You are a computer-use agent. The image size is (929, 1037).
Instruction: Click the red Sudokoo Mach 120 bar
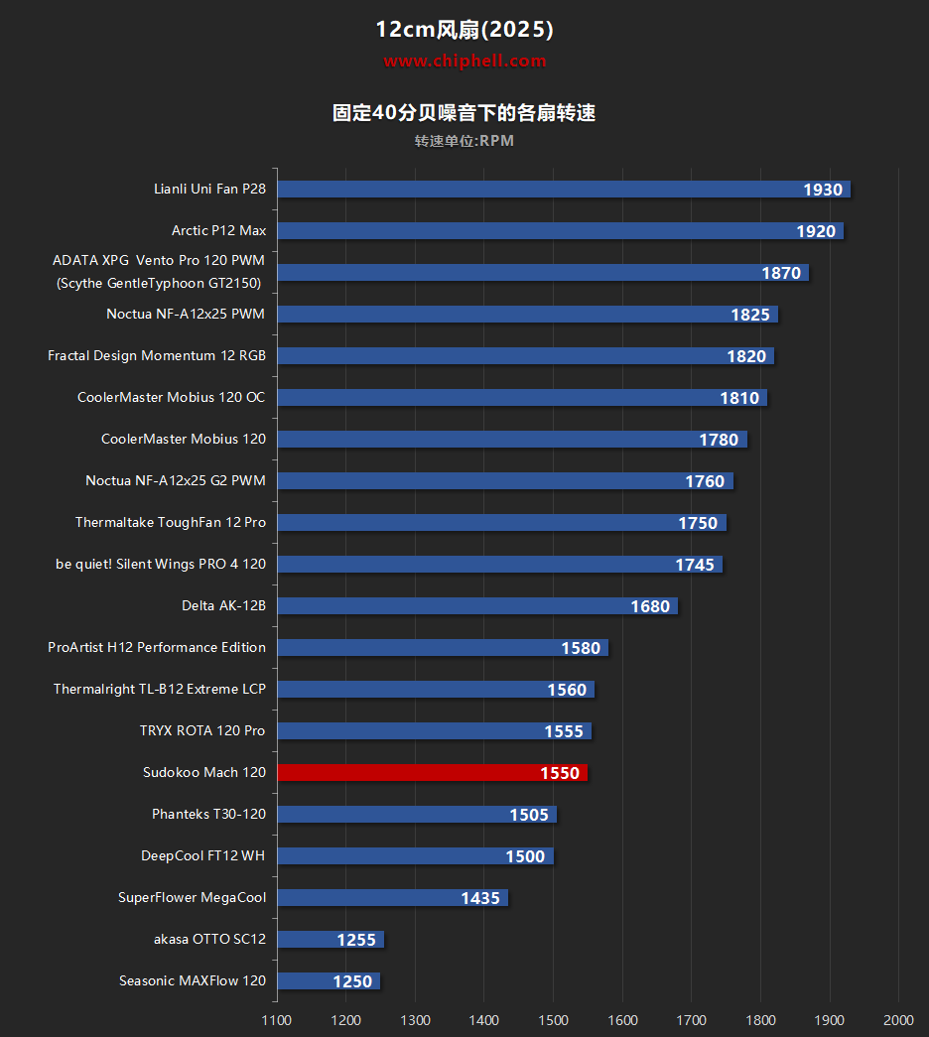pyautogui.click(x=432, y=772)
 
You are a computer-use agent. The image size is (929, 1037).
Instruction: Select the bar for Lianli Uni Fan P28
pyautogui.click(x=563, y=190)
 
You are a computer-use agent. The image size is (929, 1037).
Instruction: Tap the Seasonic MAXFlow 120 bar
pyautogui.click(x=328, y=980)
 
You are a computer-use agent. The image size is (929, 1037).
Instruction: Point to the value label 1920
pyautogui.click(x=816, y=231)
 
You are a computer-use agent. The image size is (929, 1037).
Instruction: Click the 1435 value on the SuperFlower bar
pyautogui.click(x=480, y=898)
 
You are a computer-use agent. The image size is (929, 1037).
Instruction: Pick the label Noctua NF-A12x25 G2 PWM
pyautogui.click(x=176, y=480)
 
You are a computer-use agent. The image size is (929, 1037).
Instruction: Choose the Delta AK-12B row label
pyautogui.click(x=223, y=605)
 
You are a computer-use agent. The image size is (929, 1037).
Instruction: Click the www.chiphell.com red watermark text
pyautogui.click(x=464, y=61)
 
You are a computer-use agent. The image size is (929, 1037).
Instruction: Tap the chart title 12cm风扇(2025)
pyautogui.click(x=464, y=30)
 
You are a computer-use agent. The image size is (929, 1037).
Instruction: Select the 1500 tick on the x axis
pyautogui.click(x=554, y=1020)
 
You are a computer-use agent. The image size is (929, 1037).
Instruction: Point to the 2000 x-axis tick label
pyautogui.click(x=897, y=1020)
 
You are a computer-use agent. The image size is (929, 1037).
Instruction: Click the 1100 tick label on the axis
pyautogui.click(x=277, y=1020)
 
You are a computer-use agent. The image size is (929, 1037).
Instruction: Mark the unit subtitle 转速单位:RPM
pyautogui.click(x=464, y=141)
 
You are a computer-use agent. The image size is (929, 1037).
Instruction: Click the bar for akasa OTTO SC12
pyautogui.click(x=330, y=939)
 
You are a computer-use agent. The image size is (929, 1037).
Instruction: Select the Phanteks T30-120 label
pyautogui.click(x=208, y=814)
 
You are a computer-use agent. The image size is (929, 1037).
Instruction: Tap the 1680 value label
pyautogui.click(x=650, y=606)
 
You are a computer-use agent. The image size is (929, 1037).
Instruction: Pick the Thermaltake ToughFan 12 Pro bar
pyautogui.click(x=501, y=522)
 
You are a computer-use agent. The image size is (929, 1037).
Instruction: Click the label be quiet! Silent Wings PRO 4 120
pyautogui.click(x=161, y=564)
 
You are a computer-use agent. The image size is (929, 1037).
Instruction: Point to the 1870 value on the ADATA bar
pyautogui.click(x=781, y=273)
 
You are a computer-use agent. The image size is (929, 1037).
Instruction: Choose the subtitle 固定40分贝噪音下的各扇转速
pyautogui.click(x=464, y=113)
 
